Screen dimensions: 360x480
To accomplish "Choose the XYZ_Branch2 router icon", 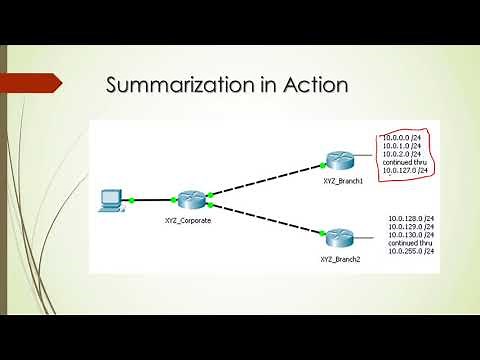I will (x=335, y=239).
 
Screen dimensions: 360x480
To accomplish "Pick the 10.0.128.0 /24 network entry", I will (x=408, y=217).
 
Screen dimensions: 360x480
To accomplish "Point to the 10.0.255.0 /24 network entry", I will (x=408, y=250).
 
